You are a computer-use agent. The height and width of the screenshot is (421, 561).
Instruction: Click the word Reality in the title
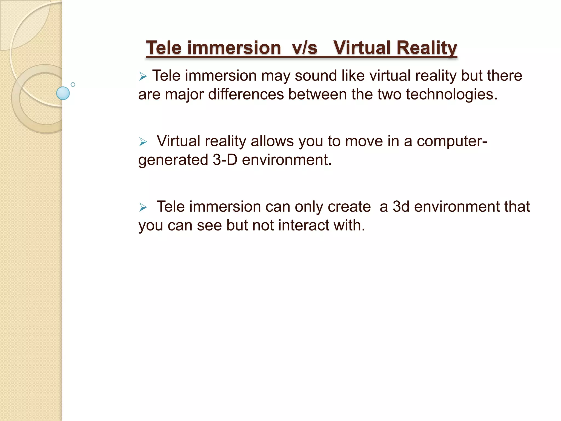427,48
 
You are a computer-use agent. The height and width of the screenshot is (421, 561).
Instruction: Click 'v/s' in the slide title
305,48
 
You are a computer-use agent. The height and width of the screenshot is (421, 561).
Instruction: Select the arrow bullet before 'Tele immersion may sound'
143,76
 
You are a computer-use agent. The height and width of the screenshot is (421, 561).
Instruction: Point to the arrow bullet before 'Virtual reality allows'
143,142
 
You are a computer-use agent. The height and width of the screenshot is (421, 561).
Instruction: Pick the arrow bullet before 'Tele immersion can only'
143,207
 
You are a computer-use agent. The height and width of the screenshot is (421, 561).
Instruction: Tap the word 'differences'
246,95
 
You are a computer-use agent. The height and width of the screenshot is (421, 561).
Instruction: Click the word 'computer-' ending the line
452,141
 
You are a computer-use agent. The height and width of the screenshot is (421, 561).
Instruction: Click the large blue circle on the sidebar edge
63,93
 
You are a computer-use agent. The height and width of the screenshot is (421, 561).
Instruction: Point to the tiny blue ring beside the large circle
73,84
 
